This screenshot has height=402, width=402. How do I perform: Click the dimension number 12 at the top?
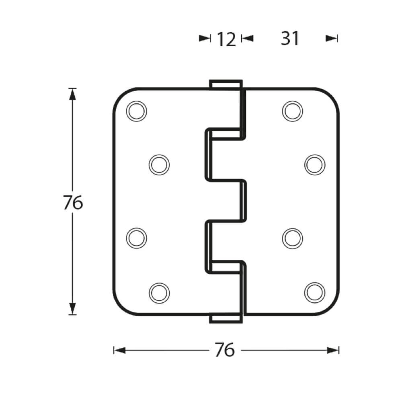pyautogui.click(x=226, y=39)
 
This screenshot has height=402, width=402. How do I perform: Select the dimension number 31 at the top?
pyautogui.click(x=290, y=39)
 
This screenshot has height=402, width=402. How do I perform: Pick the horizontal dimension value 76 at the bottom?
pyautogui.click(x=224, y=350)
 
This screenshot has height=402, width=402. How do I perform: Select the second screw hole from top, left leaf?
pyautogui.click(x=159, y=164)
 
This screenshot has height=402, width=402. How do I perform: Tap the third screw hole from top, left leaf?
pyautogui.click(x=136, y=238)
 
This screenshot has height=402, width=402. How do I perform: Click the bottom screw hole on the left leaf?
pyautogui.click(x=159, y=292)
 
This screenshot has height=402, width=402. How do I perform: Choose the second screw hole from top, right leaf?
pyautogui.click(x=315, y=164)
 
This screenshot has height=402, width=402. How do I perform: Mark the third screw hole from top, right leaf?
pyautogui.click(x=292, y=238)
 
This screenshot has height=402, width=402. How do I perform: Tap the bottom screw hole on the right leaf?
pyautogui.click(x=315, y=292)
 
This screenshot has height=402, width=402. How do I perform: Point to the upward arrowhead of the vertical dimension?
pyautogui.click(x=72, y=93)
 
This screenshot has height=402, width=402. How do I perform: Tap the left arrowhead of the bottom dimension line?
pyautogui.click(x=119, y=351)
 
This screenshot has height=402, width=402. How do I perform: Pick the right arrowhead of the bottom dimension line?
pyautogui.click(x=333, y=351)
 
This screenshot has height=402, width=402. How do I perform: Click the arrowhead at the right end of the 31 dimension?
pyautogui.click(x=332, y=39)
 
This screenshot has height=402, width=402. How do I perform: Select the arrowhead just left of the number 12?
pyautogui.click(x=205, y=39)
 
